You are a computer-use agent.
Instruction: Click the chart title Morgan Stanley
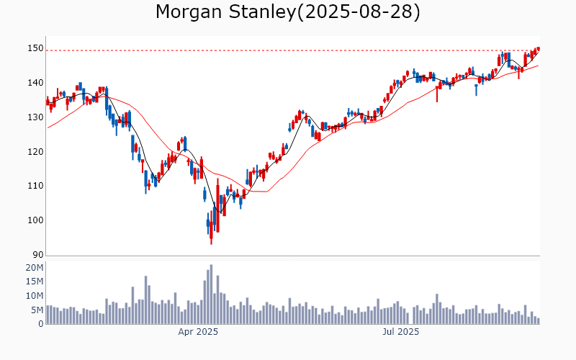click(215, 12)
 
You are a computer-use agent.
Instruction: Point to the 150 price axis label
click(35, 48)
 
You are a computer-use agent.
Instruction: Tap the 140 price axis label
click(35, 83)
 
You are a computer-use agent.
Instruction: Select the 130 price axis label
click(35, 117)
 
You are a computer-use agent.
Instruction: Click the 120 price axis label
click(35, 152)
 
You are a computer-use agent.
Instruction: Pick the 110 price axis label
click(35, 186)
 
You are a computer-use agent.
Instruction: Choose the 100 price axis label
click(35, 220)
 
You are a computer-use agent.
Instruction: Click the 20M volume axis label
click(35, 268)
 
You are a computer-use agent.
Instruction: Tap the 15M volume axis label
click(35, 282)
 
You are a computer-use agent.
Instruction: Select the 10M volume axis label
click(35, 296)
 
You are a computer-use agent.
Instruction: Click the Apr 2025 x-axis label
click(198, 332)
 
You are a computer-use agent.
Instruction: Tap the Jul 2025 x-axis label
click(401, 332)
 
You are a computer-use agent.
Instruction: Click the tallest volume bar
click(211, 294)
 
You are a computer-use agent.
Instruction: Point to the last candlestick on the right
click(538, 48)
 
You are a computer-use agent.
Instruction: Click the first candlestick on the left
click(48, 102)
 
